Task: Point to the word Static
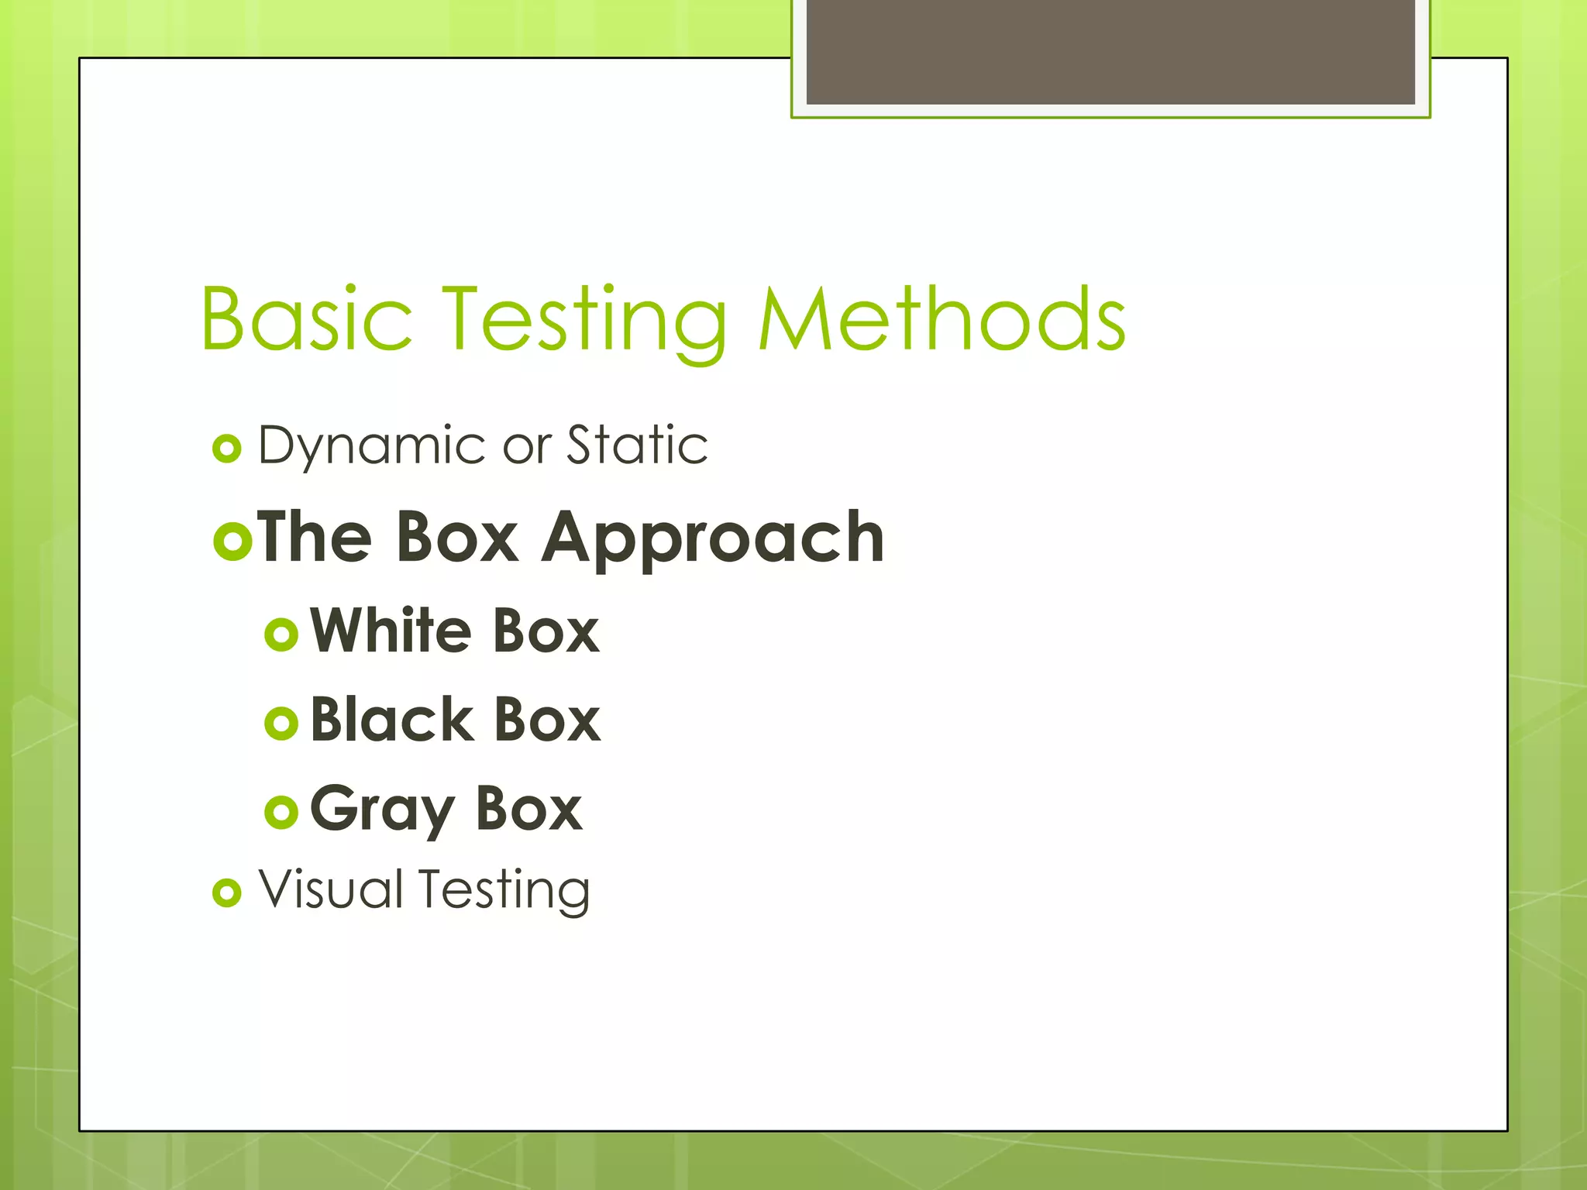[637, 445]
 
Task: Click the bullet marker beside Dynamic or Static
[227, 449]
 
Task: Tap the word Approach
[713, 540]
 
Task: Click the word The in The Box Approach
[315, 537]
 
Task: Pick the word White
[390, 631]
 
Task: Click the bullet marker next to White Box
[281, 635]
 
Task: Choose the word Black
[391, 720]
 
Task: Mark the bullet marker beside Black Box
[281, 724]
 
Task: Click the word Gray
[381, 810]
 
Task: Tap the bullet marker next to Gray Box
[281, 812]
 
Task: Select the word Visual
[331, 889]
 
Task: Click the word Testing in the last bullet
[504, 891]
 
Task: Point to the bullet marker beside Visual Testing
[227, 893]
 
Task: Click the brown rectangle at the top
[1110, 51]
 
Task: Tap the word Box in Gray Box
[528, 809]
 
